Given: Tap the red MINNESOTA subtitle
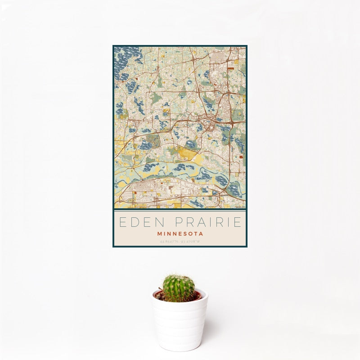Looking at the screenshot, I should tap(180, 234).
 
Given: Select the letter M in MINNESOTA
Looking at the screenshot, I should tap(160, 234).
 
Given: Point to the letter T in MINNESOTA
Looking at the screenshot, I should tap(196, 234).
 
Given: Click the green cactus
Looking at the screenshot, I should tap(179, 288).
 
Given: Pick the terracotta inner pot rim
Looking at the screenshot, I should tap(197, 297).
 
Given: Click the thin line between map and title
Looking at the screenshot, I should tap(180, 210).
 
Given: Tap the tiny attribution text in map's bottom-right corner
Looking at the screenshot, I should tap(238, 207).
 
